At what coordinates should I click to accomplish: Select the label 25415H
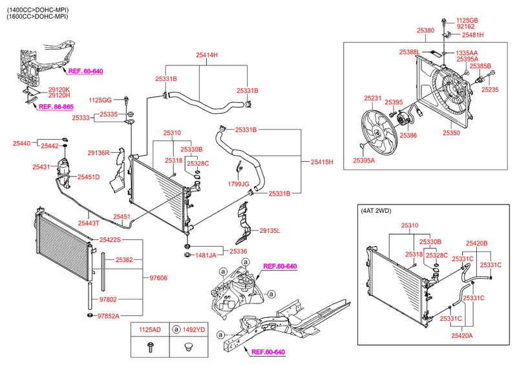coord(321,161)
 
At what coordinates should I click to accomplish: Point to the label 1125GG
coord(100,100)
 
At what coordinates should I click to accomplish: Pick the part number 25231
coord(372,98)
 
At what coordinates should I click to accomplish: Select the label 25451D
coord(89,177)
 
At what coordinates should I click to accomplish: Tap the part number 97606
coord(158,278)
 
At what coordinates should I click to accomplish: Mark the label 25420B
coord(477,243)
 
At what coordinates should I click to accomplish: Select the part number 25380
coord(425,30)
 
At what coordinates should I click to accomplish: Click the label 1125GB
coord(467,21)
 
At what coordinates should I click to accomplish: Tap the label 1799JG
coord(238,184)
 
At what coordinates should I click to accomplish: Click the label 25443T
coord(89,223)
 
